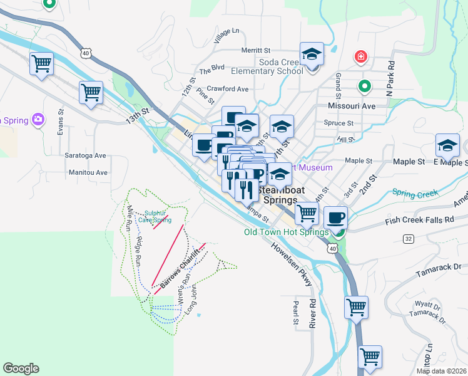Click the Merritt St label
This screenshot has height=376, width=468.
click(258, 50)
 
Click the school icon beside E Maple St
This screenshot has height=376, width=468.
click(447, 146)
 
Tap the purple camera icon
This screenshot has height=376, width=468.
click(39, 118)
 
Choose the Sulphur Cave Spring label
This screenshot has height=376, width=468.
click(153, 216)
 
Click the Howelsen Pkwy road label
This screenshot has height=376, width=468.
click(292, 263)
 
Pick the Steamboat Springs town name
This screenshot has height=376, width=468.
click(280, 194)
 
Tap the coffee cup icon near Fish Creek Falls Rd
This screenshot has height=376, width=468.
click(335, 217)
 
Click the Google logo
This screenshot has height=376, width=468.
click(21, 368)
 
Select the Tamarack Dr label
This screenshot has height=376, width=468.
click(438, 271)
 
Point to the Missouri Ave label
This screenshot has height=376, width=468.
click(352, 106)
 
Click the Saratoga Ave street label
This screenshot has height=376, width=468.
click(86, 155)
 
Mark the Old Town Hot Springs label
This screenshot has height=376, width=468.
click(286, 232)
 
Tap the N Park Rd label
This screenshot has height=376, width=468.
click(391, 78)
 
